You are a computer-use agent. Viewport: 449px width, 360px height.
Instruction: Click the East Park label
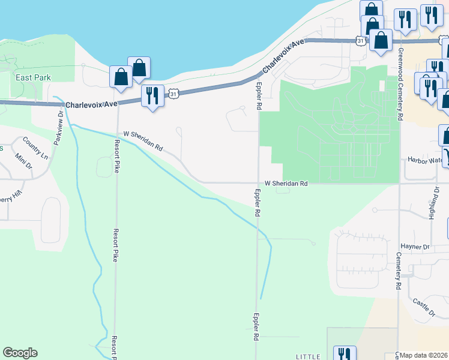(34, 77)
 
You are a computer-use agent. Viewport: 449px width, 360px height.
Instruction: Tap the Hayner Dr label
(415, 247)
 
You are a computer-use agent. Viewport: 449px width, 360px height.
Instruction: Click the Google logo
(20, 353)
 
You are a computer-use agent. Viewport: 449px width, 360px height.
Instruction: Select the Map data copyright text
(424, 355)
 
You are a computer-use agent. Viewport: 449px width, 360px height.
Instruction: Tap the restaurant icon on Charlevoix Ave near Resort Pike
(152, 95)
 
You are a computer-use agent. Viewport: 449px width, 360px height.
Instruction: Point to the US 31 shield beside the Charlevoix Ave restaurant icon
(173, 94)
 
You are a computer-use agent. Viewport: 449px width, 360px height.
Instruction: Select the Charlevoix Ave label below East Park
(91, 104)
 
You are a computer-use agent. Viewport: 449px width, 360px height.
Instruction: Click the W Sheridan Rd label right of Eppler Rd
(286, 184)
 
